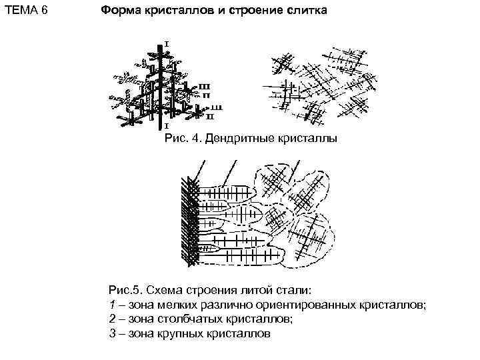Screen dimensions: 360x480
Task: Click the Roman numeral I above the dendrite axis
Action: coord(166,43)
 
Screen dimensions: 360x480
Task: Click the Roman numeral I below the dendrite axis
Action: coord(166,125)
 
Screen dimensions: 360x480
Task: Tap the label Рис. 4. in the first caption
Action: coord(183,139)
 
